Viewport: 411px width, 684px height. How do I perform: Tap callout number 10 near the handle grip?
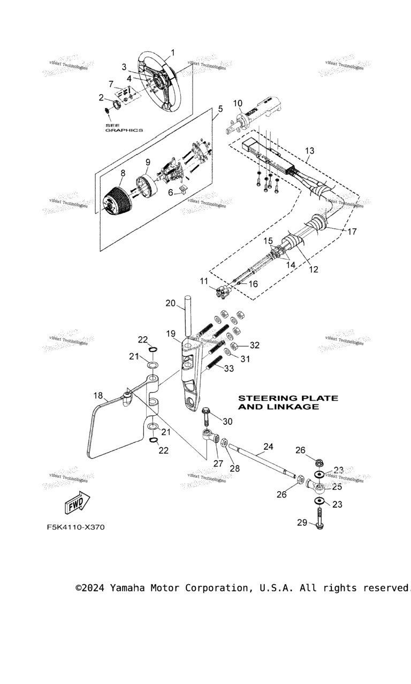click(238, 103)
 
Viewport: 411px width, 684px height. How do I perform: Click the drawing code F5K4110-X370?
click(75, 527)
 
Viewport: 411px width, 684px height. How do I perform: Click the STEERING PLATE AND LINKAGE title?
click(287, 402)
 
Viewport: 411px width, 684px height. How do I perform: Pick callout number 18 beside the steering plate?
click(98, 396)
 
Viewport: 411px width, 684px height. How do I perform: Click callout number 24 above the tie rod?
click(268, 446)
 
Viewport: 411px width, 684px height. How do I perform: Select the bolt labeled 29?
click(320, 518)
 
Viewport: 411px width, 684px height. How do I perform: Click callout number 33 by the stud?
click(229, 369)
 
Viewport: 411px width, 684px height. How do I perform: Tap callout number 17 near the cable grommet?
click(352, 232)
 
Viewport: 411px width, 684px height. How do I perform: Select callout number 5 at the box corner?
click(220, 108)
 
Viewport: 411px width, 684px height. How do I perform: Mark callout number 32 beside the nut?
click(254, 345)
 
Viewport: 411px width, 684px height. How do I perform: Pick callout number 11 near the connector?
click(204, 281)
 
